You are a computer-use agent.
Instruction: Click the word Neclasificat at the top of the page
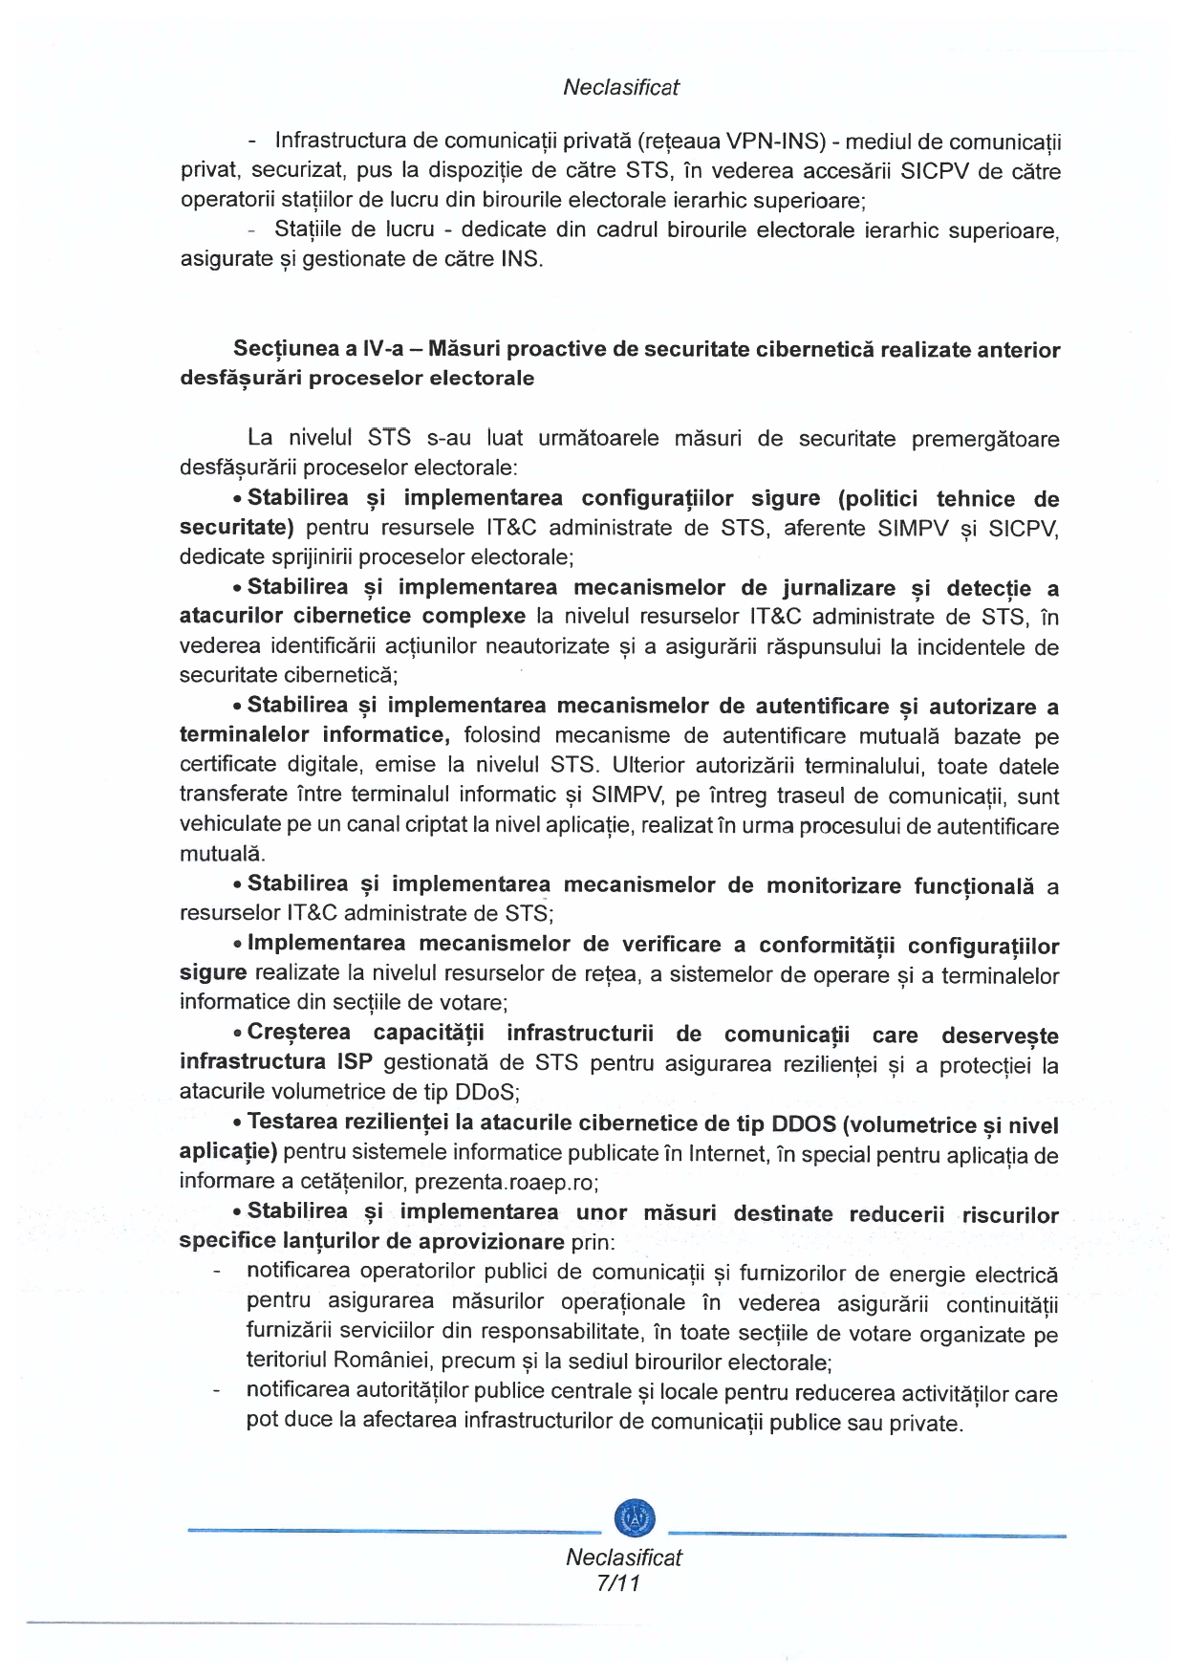click(620, 87)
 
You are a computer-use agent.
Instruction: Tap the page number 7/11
click(617, 1582)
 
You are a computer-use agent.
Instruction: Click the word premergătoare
click(985, 439)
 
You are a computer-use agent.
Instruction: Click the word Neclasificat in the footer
click(623, 1557)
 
